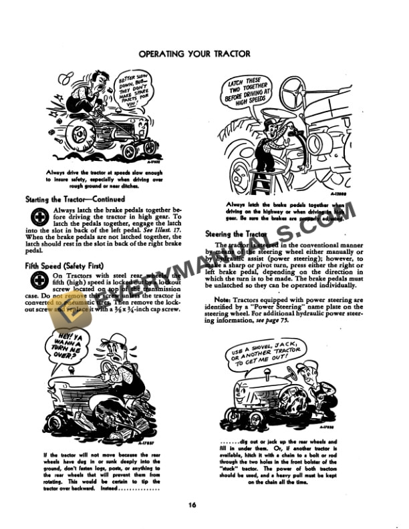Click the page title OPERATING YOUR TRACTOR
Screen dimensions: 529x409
204,53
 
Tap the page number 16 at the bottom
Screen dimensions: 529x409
204,504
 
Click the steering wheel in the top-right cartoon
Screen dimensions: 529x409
297,94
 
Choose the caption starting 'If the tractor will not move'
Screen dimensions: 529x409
100,468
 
